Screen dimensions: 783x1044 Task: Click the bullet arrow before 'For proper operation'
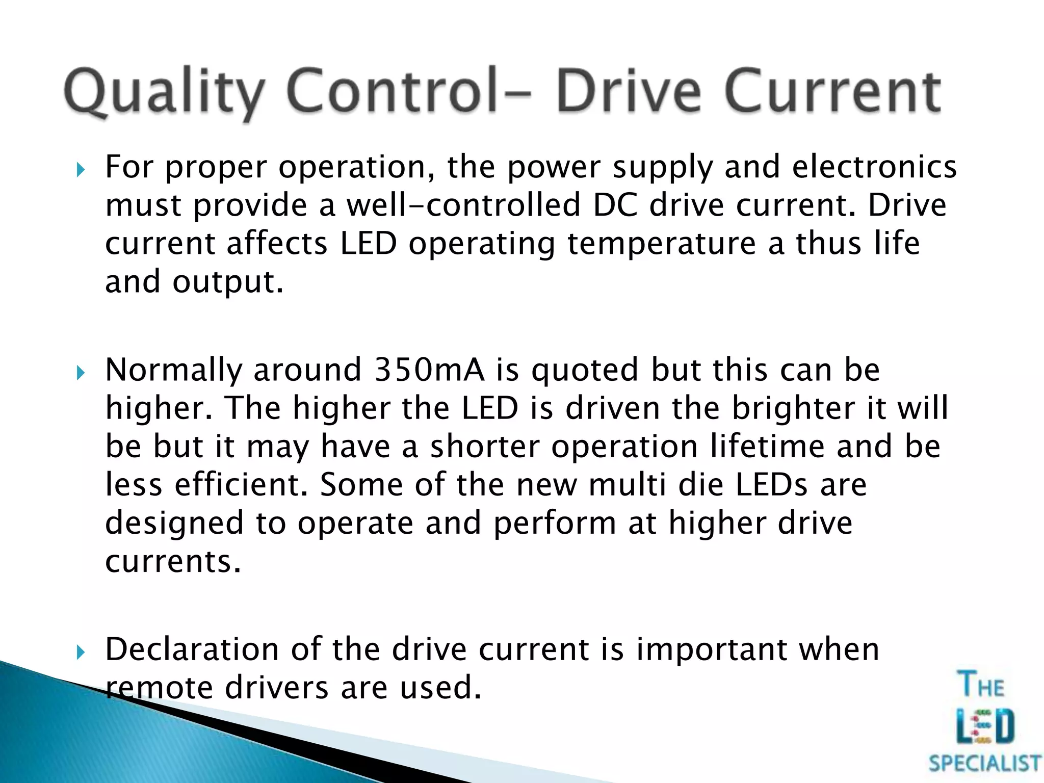(80, 170)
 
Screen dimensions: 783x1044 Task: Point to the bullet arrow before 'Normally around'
(80, 373)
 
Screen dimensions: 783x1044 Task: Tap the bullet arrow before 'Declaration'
(80, 652)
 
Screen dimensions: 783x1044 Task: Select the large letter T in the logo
(968, 685)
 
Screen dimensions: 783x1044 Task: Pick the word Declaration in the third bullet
(192, 649)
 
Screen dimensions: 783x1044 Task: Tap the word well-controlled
(463, 205)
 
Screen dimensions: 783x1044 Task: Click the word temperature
(661, 244)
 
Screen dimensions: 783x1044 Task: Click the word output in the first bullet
(227, 282)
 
